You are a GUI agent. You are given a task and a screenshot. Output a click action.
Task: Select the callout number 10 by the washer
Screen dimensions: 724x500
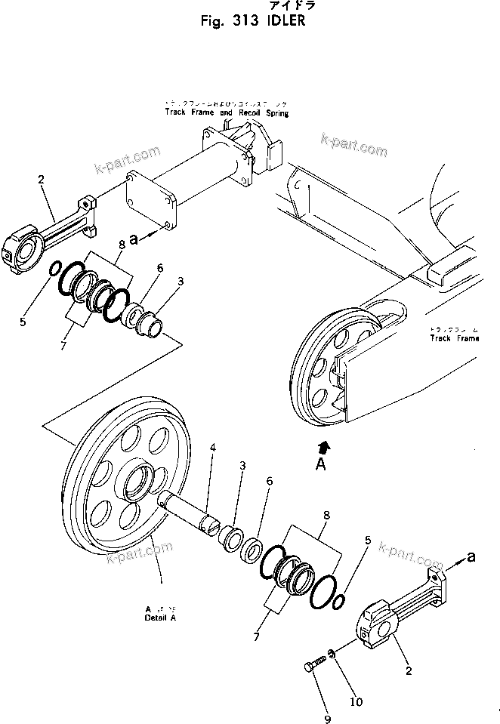[x=356, y=701]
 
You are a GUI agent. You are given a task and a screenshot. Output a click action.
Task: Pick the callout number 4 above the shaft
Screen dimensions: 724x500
[x=212, y=448]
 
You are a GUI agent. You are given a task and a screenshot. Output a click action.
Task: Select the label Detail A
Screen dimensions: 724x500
[x=160, y=617]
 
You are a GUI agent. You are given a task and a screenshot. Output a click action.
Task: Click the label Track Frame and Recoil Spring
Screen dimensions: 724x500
[x=227, y=112]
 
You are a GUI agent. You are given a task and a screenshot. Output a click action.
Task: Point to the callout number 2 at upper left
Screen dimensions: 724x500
[x=41, y=179]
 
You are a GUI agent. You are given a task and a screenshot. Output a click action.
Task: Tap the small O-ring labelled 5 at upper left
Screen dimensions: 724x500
[x=55, y=270]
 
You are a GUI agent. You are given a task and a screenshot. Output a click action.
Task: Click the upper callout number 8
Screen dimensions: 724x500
[x=121, y=244]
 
